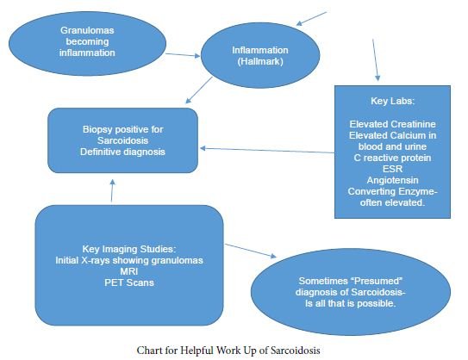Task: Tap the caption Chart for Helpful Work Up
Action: point(234,351)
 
